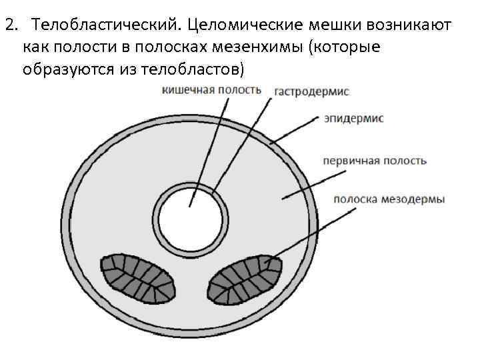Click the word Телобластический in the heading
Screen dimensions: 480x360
click(x=106, y=26)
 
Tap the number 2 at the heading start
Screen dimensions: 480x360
click(x=9, y=26)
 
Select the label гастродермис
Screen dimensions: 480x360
click(x=311, y=91)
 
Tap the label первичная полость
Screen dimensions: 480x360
click(x=374, y=161)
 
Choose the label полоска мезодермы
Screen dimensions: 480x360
click(x=389, y=199)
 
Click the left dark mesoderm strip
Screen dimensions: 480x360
click(x=138, y=277)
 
